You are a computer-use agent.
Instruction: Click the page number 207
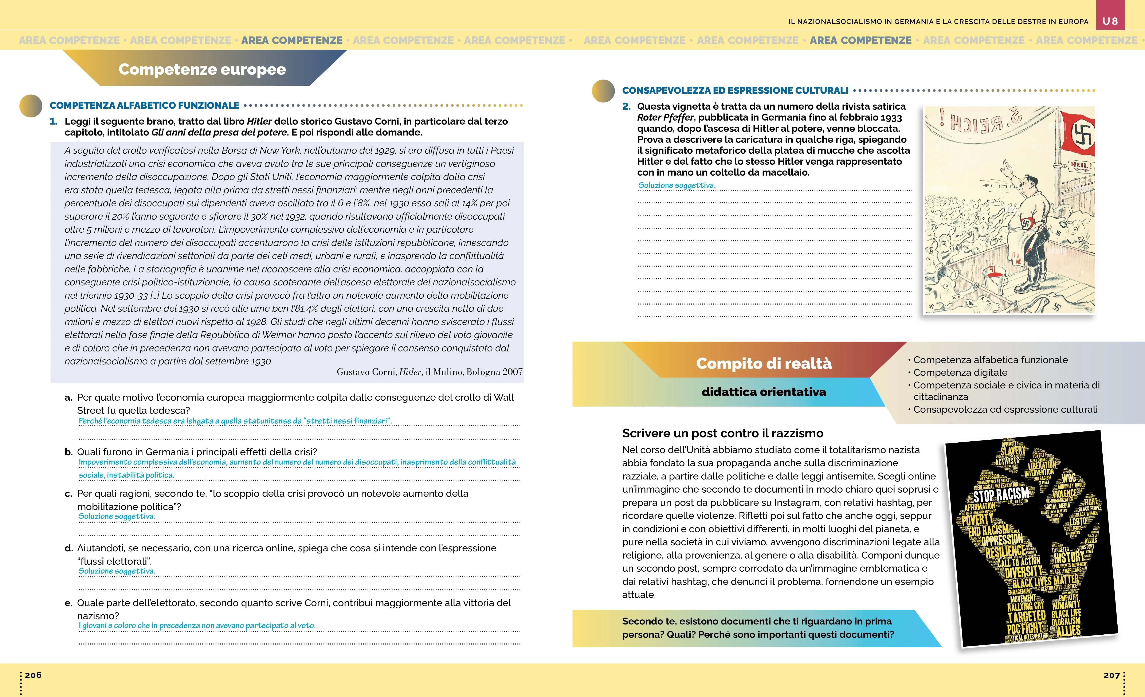point(1111,675)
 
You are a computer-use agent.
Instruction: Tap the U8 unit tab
point(1110,21)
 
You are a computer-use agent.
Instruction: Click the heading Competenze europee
point(202,69)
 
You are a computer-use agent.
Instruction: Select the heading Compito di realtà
point(764,363)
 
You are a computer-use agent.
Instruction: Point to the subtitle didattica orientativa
point(764,392)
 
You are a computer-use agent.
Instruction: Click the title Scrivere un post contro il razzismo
point(723,433)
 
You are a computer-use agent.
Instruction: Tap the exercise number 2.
point(626,106)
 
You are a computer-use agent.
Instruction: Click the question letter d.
point(68,548)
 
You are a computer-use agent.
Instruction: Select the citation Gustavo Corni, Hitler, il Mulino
point(429,372)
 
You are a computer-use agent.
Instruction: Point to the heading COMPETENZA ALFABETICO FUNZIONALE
point(145,105)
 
